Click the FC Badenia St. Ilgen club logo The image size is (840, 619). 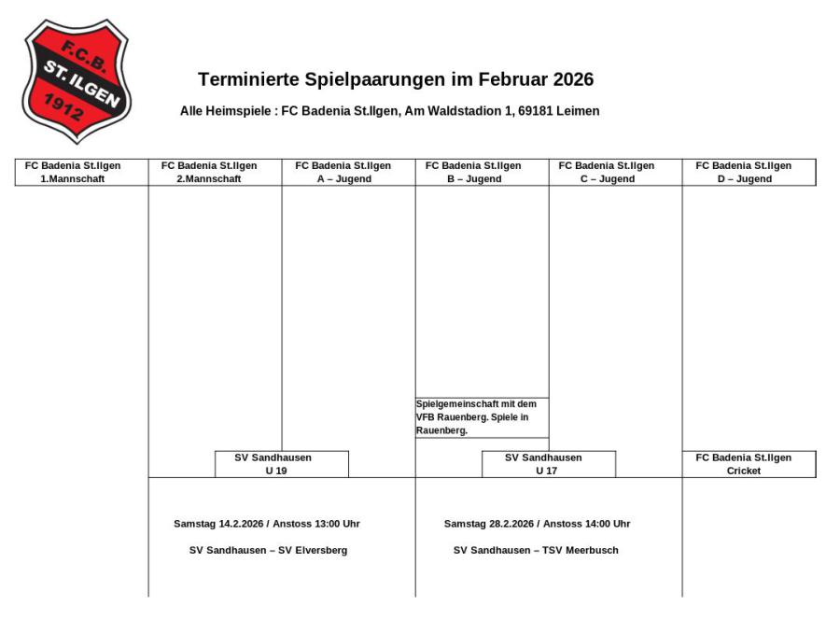pos(77,79)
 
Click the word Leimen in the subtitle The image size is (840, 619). pos(579,111)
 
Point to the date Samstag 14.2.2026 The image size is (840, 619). pos(218,524)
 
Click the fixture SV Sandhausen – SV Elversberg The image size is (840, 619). pos(268,551)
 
